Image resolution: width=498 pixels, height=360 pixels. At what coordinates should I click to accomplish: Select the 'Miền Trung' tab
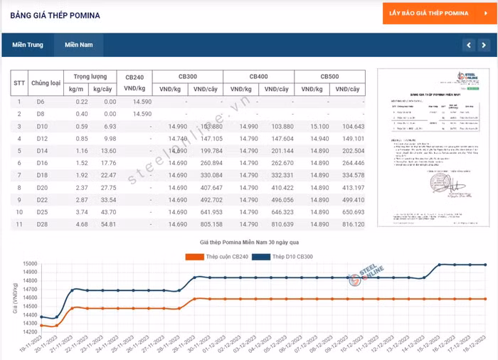[x=28, y=45]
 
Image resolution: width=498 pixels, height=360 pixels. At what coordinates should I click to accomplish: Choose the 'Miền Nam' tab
[x=78, y=45]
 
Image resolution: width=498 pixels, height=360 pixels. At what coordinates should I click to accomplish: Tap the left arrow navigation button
[x=468, y=45]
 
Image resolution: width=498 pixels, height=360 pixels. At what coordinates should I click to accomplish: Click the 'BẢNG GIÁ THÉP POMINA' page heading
[x=55, y=15]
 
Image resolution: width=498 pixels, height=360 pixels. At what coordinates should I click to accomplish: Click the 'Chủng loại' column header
[x=46, y=83]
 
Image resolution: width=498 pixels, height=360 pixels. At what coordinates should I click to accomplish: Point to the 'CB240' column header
[x=134, y=76]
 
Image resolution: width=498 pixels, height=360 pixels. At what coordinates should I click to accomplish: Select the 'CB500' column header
[x=329, y=76]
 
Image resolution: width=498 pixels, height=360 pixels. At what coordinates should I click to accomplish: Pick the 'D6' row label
[x=41, y=102]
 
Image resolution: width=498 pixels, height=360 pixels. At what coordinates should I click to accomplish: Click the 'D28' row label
[x=41, y=224]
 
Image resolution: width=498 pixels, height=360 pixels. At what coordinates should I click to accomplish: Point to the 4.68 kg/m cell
[x=81, y=224]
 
